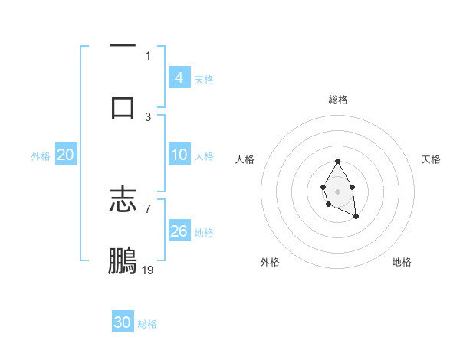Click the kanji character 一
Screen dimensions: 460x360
coord(123,44)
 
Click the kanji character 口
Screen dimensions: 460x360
coord(123,106)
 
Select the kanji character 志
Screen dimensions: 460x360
coord(123,201)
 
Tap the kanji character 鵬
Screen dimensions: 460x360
coord(123,260)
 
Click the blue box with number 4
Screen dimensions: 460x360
coord(179,77)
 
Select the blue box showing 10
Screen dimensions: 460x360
coord(179,155)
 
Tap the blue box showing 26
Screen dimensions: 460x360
coord(179,231)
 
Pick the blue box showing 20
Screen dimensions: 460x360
coord(66,155)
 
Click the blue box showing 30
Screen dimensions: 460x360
coord(123,322)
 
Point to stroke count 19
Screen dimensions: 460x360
coord(149,270)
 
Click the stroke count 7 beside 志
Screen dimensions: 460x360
coord(148,208)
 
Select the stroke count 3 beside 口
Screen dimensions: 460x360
coord(148,116)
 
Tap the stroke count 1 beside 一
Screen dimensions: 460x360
coord(148,55)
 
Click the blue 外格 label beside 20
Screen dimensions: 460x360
coord(41,155)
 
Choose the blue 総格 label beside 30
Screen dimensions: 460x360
coord(147,324)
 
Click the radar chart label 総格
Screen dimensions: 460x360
coord(338,100)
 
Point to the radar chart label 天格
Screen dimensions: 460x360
coord(432,159)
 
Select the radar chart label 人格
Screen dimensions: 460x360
coord(245,159)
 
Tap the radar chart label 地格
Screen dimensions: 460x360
coord(402,262)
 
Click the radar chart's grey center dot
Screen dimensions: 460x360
coord(337,190)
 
